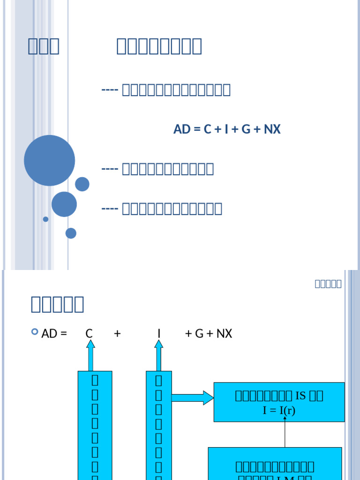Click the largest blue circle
pyautogui.click(x=49, y=160)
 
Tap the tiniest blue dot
pyautogui.click(x=45, y=219)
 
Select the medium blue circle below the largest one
pyautogui.click(x=64, y=204)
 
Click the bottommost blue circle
pyautogui.click(x=71, y=233)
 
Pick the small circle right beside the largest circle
pyautogui.click(x=82, y=184)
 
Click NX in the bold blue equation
pyautogui.click(x=272, y=129)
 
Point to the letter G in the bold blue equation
pyautogui.click(x=246, y=129)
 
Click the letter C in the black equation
pyautogui.click(x=89, y=334)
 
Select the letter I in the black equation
pyautogui.click(x=159, y=334)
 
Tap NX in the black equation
pyautogui.click(x=224, y=334)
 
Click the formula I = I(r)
pyautogui.click(x=279, y=411)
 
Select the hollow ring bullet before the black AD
pyautogui.click(x=35, y=332)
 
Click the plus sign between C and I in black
pyautogui.click(x=117, y=334)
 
